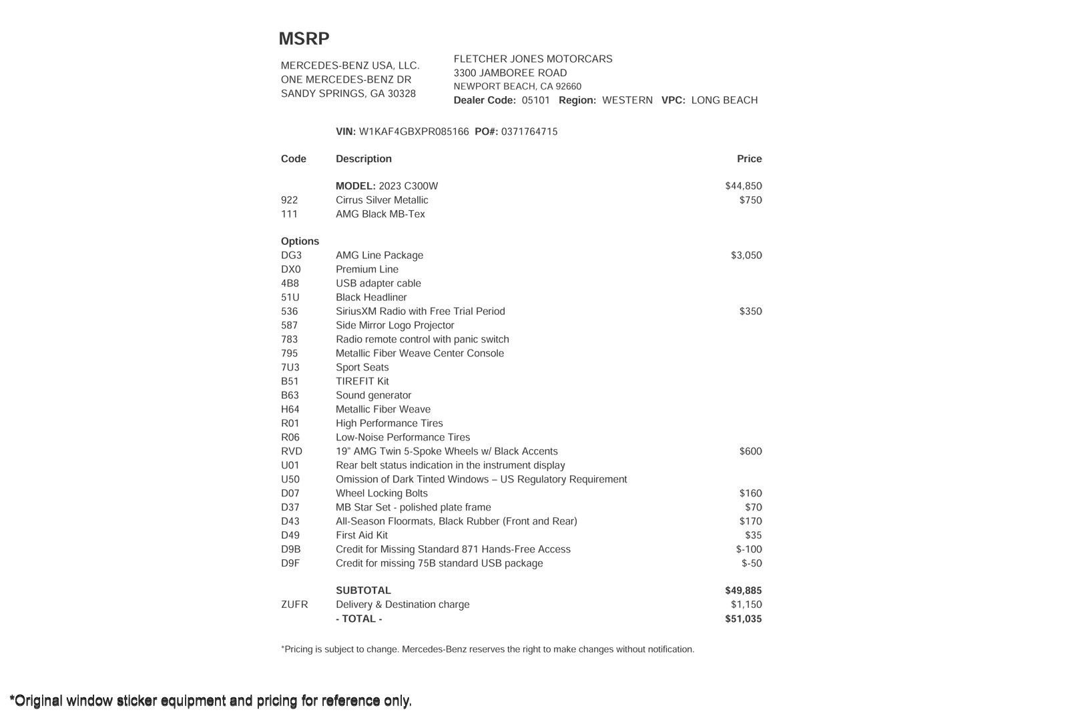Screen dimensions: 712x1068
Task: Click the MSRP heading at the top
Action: tap(304, 39)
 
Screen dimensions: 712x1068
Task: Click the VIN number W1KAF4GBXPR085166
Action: tap(414, 131)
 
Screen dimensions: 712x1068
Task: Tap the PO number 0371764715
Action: tap(529, 131)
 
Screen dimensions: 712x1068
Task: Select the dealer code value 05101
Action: tap(536, 100)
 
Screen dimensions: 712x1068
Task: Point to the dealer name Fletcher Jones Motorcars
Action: tap(533, 59)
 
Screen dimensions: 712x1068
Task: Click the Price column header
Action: tap(749, 159)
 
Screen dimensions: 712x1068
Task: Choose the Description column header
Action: tap(364, 159)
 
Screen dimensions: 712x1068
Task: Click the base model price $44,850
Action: tap(743, 186)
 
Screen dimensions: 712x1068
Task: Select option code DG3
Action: tap(291, 256)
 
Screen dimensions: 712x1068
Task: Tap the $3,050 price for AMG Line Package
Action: tap(746, 256)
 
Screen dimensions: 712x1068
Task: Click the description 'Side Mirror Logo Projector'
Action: tap(394, 326)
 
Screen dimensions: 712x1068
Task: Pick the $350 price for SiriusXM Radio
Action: tap(750, 312)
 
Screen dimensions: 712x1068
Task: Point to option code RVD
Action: tap(292, 452)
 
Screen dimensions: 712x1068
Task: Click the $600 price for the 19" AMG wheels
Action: tap(750, 452)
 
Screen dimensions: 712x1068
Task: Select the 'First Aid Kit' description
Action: tap(362, 536)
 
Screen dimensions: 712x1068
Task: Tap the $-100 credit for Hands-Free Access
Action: tap(749, 550)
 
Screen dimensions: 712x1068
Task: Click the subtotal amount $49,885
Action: tap(743, 591)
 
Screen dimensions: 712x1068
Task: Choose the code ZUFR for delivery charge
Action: tap(294, 605)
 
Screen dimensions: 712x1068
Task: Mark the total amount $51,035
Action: tap(743, 619)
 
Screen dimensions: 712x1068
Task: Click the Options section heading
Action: tap(300, 242)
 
